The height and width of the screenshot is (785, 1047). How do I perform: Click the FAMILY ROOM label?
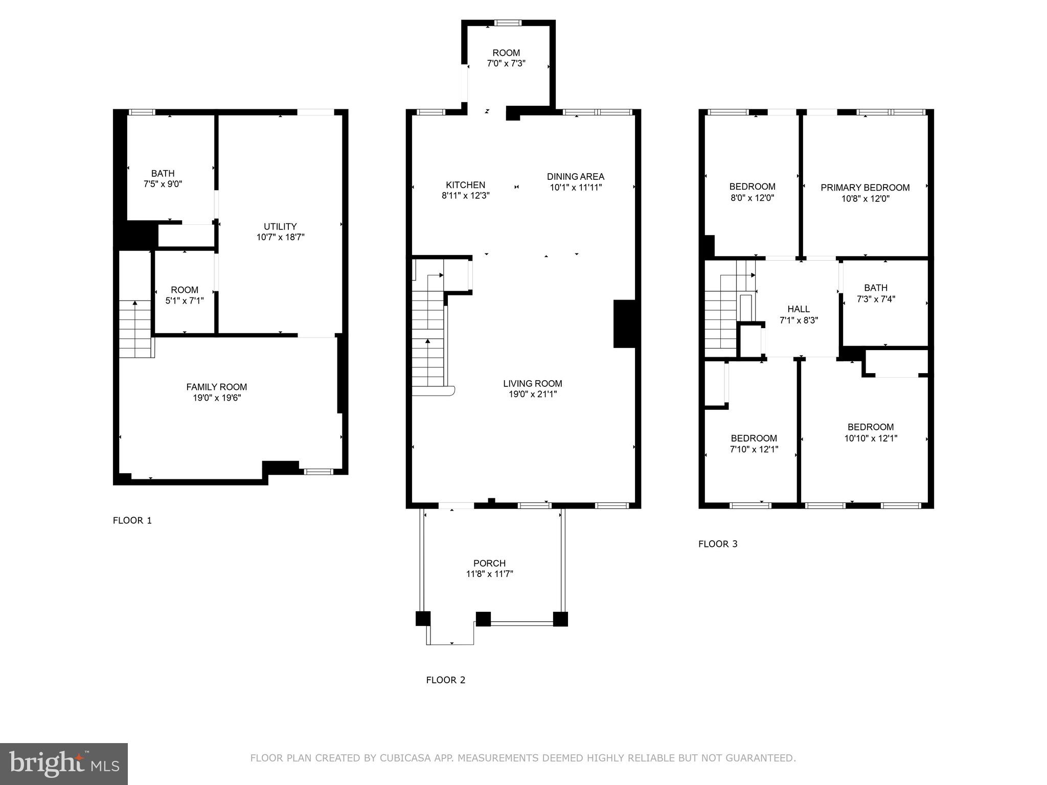pos(216,387)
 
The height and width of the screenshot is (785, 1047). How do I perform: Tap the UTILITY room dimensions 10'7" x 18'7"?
pos(280,237)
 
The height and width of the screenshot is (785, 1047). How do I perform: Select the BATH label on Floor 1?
pos(163,174)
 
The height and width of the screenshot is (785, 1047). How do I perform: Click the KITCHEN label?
pos(465,185)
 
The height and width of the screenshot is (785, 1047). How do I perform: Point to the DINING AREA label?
pos(575,177)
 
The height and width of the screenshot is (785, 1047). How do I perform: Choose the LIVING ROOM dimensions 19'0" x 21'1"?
pos(532,394)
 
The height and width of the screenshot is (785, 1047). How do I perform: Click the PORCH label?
pos(489,563)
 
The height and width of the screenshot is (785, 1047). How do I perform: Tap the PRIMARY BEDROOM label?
pos(865,188)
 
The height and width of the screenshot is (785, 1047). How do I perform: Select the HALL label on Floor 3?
pos(798,309)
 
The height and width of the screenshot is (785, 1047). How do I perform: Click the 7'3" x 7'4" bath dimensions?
pos(876,299)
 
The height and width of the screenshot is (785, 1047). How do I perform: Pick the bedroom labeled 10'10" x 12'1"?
pos(871,432)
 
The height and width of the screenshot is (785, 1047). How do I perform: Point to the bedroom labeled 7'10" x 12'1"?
pos(754,444)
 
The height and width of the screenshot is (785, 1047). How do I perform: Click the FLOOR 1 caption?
pos(132,521)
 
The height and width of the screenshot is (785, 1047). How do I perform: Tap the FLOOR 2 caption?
pos(446,680)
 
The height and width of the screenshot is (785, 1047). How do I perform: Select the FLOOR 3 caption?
pos(718,544)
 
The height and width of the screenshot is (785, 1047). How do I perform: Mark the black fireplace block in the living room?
pos(624,324)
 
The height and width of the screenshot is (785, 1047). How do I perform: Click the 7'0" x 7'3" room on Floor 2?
pos(506,58)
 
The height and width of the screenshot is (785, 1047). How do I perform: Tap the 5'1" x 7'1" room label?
pos(185,295)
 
